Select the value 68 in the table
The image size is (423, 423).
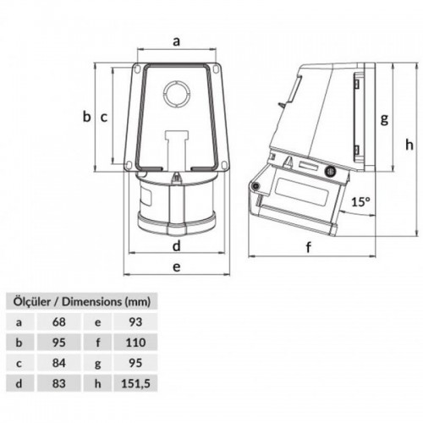(x=58, y=321)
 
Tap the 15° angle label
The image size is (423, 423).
(x=361, y=202)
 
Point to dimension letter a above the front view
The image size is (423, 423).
(x=176, y=40)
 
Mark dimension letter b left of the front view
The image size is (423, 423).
(x=86, y=118)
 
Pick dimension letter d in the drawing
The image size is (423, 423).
(x=176, y=246)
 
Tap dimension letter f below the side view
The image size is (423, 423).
(x=309, y=248)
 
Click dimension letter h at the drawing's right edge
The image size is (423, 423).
(x=409, y=143)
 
